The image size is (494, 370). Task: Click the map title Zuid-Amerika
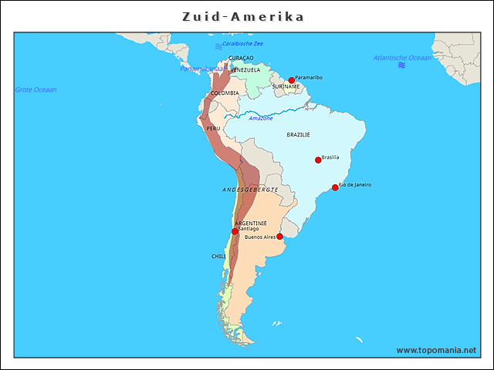coord(243,16)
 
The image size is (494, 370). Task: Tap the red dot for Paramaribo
coord(292,80)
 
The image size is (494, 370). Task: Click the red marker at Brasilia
coord(318,160)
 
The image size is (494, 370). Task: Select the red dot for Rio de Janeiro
coord(335,187)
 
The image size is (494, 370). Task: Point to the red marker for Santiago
coord(235,231)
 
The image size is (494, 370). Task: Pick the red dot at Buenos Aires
coord(279,237)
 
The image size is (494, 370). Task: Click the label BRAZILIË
coord(298,135)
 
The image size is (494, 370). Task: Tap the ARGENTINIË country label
coord(250,223)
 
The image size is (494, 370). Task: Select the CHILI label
coord(218,256)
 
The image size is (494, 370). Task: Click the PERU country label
coord(213,129)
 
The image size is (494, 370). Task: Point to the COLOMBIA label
coord(225,93)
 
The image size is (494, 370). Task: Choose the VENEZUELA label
coord(245,70)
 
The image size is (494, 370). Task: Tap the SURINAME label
coord(286,86)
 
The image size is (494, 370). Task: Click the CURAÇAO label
coord(241,58)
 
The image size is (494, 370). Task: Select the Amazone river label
coord(260,118)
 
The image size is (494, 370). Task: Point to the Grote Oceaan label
coord(36,89)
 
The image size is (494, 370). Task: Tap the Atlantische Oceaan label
coord(402,58)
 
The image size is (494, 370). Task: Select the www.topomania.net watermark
coord(436,350)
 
